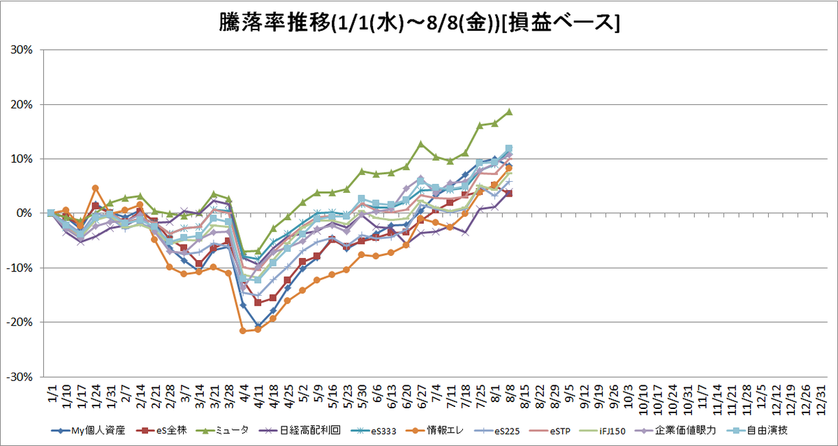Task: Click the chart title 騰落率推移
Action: (x=274, y=22)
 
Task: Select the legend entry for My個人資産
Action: (x=88, y=431)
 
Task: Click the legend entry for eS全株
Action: (x=161, y=431)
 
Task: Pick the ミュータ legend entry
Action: (x=223, y=431)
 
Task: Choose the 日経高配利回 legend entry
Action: (x=300, y=431)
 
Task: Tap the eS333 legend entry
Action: (x=374, y=431)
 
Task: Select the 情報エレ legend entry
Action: (x=434, y=431)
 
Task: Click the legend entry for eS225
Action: (x=497, y=431)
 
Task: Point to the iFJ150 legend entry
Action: (x=602, y=431)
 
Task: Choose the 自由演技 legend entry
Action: (x=757, y=431)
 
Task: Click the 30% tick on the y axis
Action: (x=22, y=50)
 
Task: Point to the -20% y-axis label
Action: (x=20, y=322)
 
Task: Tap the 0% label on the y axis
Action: (x=24, y=213)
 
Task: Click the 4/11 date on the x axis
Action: (x=258, y=396)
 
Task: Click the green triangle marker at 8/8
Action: (x=509, y=112)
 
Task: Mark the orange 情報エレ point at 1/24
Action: (x=95, y=188)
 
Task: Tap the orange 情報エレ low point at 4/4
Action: (x=242, y=331)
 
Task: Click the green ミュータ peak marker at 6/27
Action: (x=421, y=144)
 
